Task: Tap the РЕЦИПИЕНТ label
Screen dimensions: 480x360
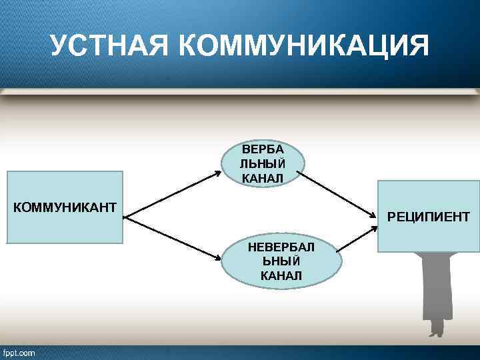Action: (428, 217)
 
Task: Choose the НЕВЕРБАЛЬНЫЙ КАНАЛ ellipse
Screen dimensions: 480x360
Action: (281, 261)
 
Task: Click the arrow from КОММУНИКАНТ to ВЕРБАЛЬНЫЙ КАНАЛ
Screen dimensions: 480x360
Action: (173, 194)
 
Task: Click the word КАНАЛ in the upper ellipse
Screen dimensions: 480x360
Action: (263, 177)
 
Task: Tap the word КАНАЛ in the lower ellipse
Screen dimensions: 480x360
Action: (281, 275)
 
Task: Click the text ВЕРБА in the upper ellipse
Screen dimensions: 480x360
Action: (263, 149)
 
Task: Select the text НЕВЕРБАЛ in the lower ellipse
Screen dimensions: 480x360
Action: (281, 247)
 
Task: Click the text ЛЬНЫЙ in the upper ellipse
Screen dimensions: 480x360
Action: (263, 163)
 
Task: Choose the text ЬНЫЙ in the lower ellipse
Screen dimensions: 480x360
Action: (281, 261)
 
